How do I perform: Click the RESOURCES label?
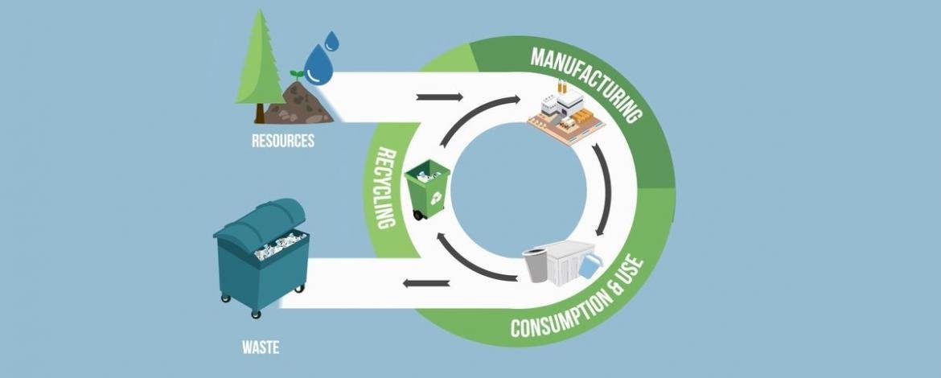pyautogui.click(x=282, y=141)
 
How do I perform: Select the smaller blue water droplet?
pyautogui.click(x=332, y=39)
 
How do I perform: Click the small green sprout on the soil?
pyautogui.click(x=297, y=74)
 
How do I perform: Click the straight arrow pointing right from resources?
pyautogui.click(x=441, y=97)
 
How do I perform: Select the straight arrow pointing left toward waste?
pyautogui.click(x=425, y=282)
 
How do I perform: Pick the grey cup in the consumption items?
pyautogui.click(x=536, y=264)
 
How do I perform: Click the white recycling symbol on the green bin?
pyautogui.click(x=434, y=196)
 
